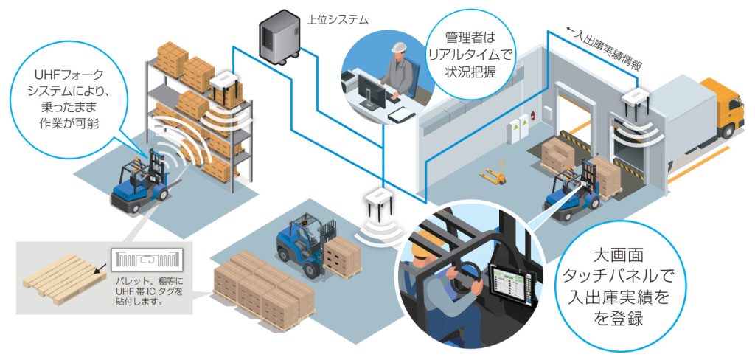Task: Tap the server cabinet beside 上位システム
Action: pos(279,37)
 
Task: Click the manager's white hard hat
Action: pos(399,48)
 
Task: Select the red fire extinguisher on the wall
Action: pos(533,116)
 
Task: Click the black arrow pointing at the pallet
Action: pos(100,269)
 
